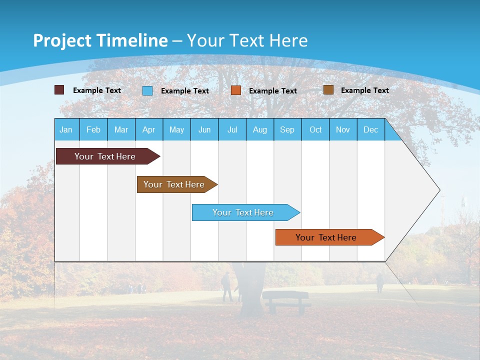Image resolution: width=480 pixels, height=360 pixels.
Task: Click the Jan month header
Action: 66,129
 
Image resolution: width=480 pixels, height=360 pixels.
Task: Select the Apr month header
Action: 148,129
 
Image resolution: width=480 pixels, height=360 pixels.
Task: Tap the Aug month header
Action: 259,129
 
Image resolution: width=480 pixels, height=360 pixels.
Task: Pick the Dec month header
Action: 370,129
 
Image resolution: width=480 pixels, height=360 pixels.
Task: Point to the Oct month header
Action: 315,129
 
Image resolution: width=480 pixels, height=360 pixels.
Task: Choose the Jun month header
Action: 204,129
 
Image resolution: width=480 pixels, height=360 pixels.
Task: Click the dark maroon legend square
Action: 59,90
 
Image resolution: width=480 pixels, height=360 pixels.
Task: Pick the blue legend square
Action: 147,90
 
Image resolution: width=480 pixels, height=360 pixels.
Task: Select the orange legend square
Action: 236,90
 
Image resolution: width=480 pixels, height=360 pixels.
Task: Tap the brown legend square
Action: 328,90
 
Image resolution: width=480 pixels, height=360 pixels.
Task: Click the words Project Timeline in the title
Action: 100,40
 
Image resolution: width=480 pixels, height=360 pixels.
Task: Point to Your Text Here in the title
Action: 247,40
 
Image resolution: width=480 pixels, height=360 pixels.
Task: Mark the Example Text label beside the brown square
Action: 364,90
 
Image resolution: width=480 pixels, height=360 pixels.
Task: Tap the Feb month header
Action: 93,129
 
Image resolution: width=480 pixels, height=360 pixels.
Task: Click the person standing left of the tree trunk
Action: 227,287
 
